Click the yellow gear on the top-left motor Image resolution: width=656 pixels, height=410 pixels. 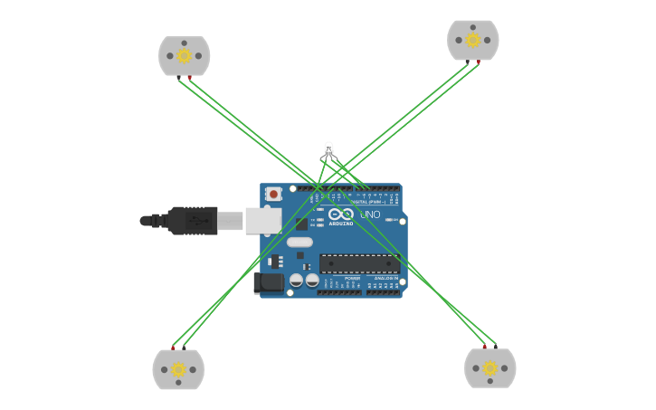[184, 56]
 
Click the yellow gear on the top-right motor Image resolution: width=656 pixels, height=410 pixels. [472, 40]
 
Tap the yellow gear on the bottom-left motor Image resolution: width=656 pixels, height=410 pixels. [178, 369]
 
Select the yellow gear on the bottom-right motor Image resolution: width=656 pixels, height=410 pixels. [490, 368]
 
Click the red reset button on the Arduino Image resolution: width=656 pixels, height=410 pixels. [272, 194]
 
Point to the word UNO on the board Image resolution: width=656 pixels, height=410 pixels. [370, 215]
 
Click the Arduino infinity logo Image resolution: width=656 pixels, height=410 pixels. [341, 215]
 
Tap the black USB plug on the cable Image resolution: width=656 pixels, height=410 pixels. [192, 220]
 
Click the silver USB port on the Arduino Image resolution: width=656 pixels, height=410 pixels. [262, 220]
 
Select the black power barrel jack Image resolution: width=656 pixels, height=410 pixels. [269, 282]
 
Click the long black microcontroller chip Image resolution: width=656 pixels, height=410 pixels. [358, 263]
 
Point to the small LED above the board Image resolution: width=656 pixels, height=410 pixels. [328, 149]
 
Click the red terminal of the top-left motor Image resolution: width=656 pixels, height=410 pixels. [189, 78]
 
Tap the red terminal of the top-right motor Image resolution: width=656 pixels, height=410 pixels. [479, 62]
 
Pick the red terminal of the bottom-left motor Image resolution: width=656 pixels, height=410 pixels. [173, 348]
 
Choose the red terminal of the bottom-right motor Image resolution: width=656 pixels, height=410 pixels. [484, 347]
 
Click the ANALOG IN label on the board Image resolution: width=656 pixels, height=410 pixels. [385, 278]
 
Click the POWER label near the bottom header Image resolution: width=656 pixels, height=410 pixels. [352, 278]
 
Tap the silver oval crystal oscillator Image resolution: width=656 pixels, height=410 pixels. [299, 242]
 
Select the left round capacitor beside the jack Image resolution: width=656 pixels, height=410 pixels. [296, 281]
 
